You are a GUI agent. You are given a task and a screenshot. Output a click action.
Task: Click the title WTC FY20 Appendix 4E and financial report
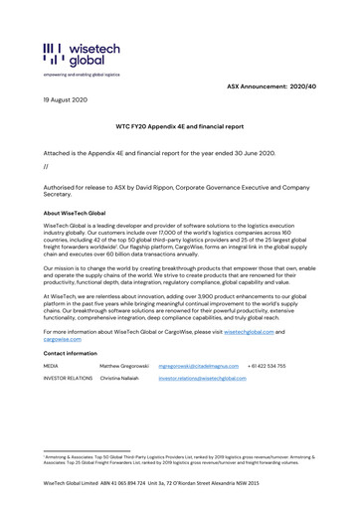point(180,128)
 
